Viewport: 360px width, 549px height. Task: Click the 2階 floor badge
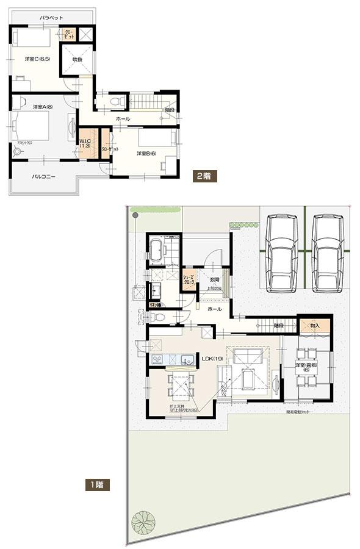point(203,176)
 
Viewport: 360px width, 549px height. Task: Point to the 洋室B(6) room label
point(146,154)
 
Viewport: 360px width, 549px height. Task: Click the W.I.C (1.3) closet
point(85,144)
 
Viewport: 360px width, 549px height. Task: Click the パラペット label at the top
point(52,20)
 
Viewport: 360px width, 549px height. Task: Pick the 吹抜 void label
point(77,60)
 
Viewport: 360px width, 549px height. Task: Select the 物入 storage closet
point(315,326)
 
